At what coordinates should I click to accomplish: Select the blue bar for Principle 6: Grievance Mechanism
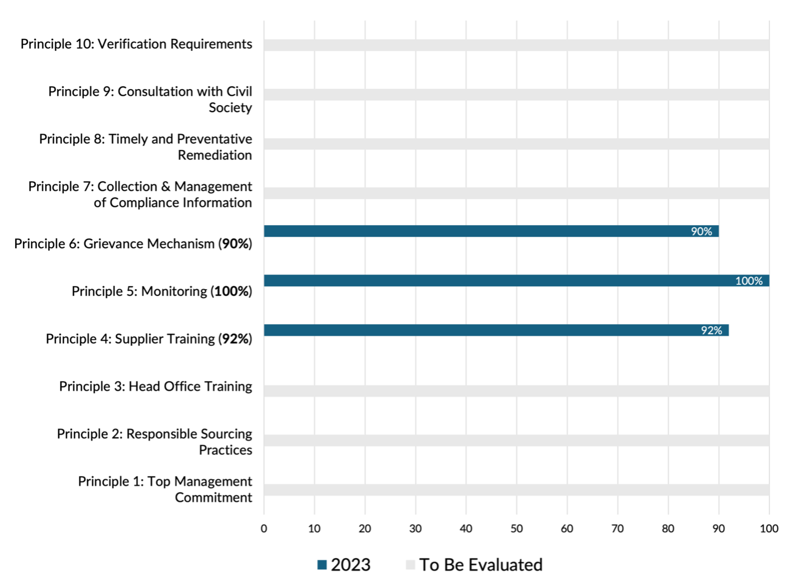coord(471,231)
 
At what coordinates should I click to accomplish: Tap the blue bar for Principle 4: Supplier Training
coord(471,330)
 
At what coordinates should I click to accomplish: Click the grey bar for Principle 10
coord(516,45)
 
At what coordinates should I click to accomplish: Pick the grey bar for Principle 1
coord(516,490)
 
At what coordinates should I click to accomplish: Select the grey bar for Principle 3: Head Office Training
coord(516,391)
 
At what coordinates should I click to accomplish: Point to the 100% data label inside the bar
coord(749,281)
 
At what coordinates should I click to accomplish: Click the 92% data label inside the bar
coord(711,330)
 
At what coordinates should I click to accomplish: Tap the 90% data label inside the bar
coord(701,231)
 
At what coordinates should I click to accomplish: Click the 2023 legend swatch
coord(322,565)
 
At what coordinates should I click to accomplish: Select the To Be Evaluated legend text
coord(480,565)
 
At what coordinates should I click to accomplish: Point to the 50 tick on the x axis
coord(516,528)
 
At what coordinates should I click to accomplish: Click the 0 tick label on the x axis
coord(264,528)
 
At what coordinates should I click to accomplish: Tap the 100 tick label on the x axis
coord(769,528)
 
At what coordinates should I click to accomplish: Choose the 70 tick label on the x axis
coord(618,528)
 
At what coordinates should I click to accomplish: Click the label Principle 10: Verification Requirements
coord(136,44)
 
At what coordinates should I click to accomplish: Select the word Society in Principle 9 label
coord(230,108)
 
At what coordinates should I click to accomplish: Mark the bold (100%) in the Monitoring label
coord(231,291)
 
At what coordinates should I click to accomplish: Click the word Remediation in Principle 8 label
coord(215,156)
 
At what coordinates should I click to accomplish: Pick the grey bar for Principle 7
coord(516,193)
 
